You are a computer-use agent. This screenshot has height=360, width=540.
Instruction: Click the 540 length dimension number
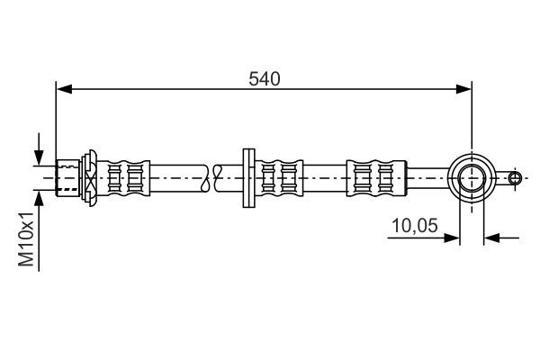265,78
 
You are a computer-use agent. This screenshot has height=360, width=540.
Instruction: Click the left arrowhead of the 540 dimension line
63,88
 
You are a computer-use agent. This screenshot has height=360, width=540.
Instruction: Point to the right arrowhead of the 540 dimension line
464,88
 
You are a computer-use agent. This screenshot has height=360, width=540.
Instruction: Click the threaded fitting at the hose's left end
67,177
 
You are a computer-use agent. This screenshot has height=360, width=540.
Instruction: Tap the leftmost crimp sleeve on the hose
126,177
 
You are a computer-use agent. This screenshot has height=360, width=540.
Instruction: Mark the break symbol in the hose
212,177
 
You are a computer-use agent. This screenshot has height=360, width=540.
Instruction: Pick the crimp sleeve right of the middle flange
280,177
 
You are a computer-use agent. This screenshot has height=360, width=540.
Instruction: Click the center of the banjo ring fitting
472,177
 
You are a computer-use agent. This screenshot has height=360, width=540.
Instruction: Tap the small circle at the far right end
514,177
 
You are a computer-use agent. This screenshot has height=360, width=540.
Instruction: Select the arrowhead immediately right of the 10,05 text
454,238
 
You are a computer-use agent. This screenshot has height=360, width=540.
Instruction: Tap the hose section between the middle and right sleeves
324,177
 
